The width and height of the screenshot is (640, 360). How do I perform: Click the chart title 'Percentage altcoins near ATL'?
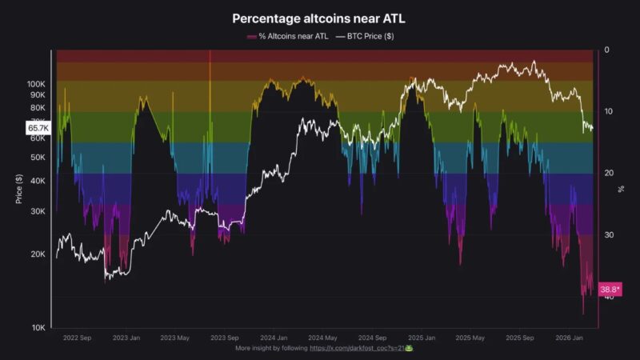pos(320,18)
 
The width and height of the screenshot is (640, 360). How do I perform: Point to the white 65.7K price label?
pos(38,127)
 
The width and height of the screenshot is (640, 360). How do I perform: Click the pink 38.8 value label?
pos(610,289)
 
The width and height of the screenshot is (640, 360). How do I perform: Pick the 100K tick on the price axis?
pos(36,83)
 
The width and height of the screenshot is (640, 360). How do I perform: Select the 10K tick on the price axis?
pos(38,328)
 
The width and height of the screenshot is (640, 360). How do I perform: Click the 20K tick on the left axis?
pos(38,254)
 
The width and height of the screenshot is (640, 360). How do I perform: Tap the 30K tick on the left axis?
pos(38,211)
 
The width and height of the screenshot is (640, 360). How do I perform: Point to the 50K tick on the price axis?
pos(38,158)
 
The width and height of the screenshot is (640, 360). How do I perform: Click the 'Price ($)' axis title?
pos(18,189)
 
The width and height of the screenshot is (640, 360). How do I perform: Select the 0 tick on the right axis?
pos(606,50)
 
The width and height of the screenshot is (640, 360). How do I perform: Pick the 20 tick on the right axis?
pos(608,173)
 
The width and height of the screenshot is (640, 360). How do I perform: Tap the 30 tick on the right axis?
pos(608,234)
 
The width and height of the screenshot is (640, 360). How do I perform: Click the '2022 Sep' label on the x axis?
pos(77,338)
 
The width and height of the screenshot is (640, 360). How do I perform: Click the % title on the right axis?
pos(621,189)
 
